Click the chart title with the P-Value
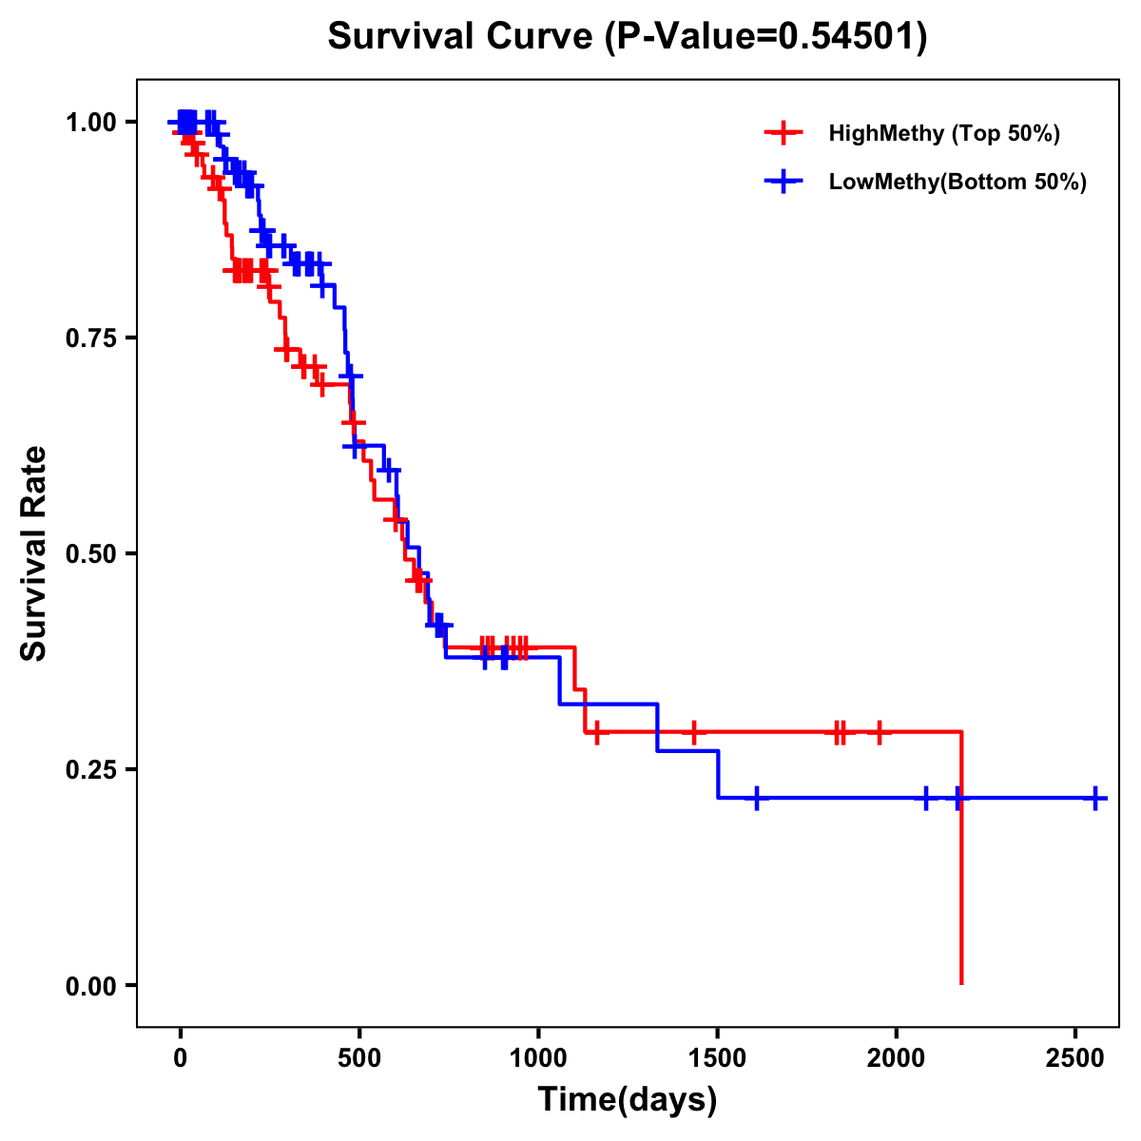click(628, 36)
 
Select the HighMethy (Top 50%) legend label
click(944, 133)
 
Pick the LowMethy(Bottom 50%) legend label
click(957, 183)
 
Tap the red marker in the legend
click(783, 133)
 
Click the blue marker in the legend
click(783, 183)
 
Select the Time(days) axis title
click(628, 1100)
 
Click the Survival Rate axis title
click(35, 553)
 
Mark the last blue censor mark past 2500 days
click(1095, 798)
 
